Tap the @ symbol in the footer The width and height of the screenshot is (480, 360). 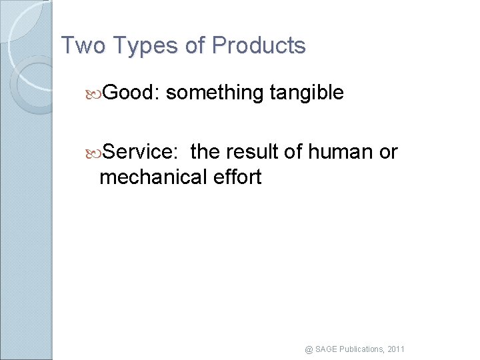point(309,349)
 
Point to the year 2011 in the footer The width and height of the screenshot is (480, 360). point(395,349)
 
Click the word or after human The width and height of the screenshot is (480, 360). point(388,152)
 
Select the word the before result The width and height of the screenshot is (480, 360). point(205,152)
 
